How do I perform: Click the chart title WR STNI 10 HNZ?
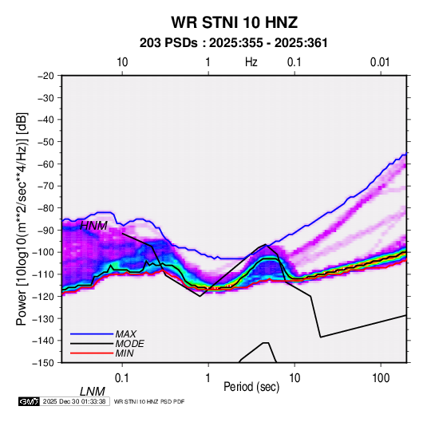coord(234,22)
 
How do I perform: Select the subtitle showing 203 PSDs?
coord(233,43)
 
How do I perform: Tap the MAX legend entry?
coord(125,333)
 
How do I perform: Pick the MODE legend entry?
coord(129,344)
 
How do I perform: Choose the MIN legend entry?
coord(125,353)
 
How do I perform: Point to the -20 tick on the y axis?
coord(45,76)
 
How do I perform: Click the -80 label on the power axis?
coord(45,208)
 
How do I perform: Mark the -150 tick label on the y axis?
coord(43,363)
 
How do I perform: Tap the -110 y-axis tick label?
coord(43,274)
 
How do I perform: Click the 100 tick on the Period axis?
coord(381,378)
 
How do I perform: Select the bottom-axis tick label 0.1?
coord(122,378)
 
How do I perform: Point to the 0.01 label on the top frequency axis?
coord(380,62)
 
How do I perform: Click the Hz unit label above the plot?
coord(251,62)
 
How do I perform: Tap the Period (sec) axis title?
coord(251,387)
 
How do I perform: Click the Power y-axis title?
coord(22,219)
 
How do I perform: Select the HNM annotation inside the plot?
coord(93,226)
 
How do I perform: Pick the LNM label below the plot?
coord(93,392)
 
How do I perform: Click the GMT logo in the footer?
coord(29,401)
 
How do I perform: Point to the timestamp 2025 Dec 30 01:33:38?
coord(74,401)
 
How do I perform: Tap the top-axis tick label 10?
coord(122,62)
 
